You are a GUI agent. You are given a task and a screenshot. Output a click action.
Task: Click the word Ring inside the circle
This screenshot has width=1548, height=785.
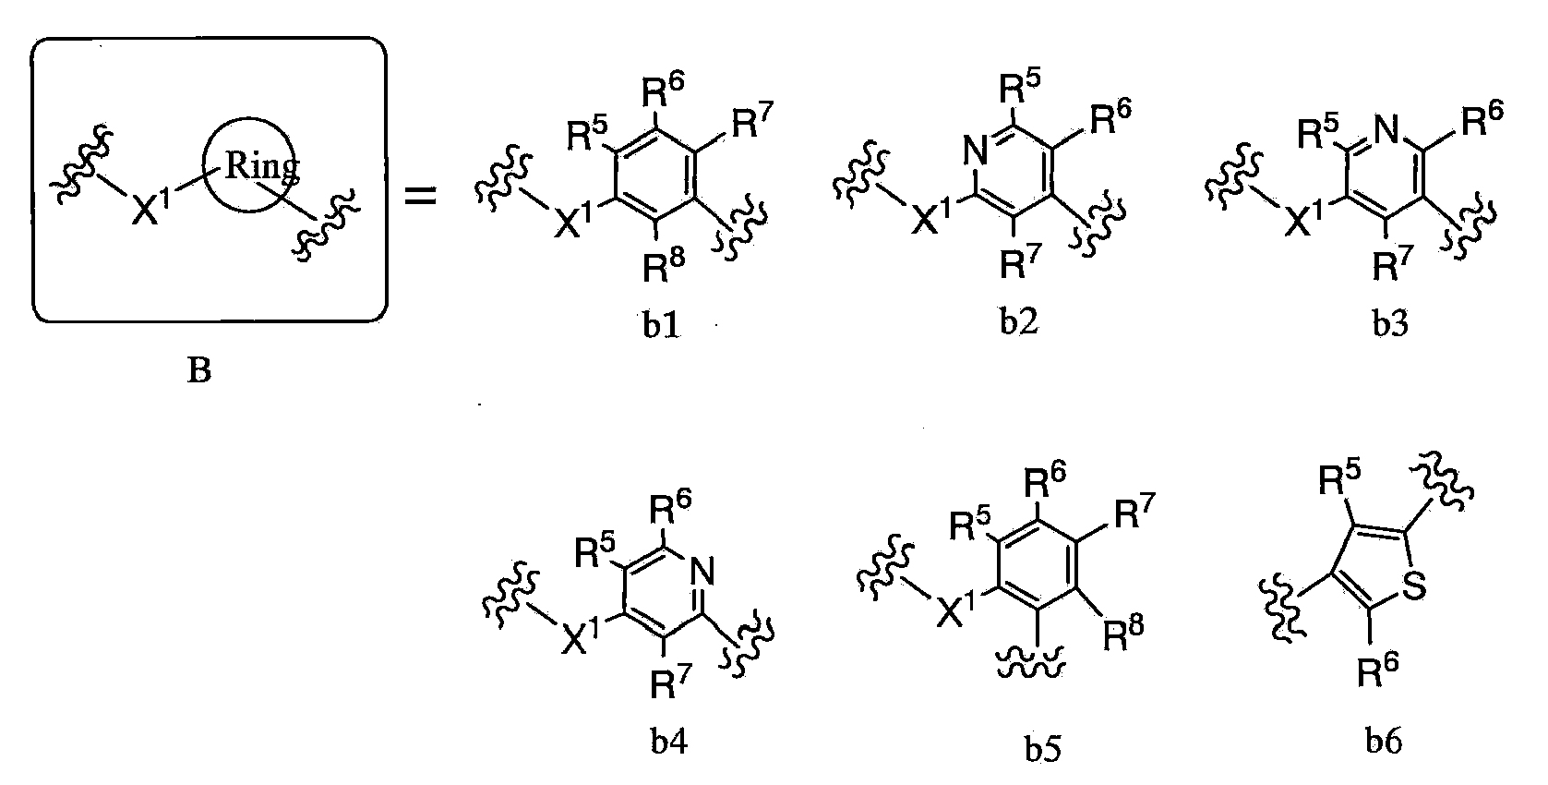(262, 167)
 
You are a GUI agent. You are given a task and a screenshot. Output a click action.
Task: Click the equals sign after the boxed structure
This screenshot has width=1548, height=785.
(420, 196)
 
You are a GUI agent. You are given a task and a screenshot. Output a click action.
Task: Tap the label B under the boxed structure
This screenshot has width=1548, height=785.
(199, 370)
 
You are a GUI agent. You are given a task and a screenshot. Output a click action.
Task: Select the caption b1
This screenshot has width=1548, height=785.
(661, 325)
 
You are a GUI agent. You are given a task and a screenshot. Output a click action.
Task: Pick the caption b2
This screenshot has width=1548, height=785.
(1019, 320)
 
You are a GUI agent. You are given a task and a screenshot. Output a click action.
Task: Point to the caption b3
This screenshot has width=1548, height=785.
(1390, 322)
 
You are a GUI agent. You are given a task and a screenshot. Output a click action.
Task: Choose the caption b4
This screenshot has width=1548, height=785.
(669, 742)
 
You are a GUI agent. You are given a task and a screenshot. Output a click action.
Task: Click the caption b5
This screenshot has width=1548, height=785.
(1042, 748)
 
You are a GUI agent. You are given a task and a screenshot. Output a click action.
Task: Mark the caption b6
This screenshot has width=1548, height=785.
(1384, 741)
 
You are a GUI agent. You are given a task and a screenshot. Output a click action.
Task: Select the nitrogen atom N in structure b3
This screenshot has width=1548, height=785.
(1386, 130)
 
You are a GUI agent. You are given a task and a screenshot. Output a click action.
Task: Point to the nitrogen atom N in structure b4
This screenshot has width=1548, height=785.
(702, 572)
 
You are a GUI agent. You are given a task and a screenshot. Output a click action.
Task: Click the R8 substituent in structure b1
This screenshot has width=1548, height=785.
(664, 266)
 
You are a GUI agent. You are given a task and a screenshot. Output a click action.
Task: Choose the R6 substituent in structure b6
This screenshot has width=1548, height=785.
(1378, 670)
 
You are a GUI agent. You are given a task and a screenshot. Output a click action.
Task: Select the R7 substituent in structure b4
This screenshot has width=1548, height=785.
(670, 682)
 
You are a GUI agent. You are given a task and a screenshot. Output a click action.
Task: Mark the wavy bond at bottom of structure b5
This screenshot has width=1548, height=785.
(1031, 665)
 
